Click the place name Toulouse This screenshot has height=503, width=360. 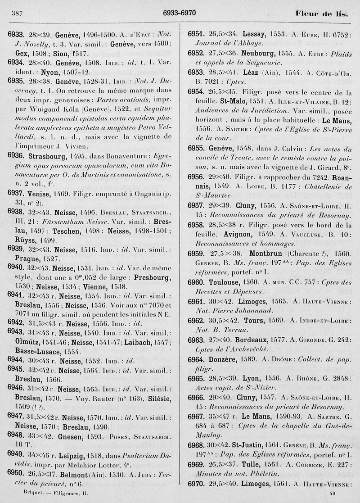point(226,282)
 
